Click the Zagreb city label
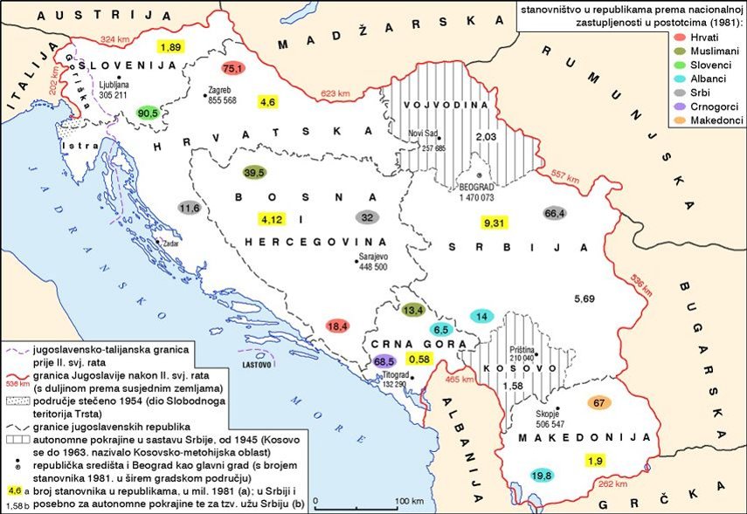pyautogui.click(x=221, y=90)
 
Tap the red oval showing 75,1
pyautogui.click(x=232, y=68)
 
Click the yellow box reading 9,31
pyautogui.click(x=495, y=223)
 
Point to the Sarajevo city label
pyautogui.click(x=372, y=257)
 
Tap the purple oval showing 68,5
pyautogui.click(x=384, y=360)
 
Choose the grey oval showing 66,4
pyautogui.click(x=554, y=214)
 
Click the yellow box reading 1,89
pyautogui.click(x=169, y=46)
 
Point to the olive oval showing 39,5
pyautogui.click(x=254, y=173)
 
